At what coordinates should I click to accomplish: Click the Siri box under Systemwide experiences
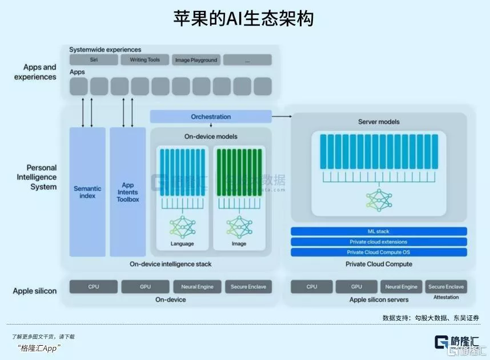93,60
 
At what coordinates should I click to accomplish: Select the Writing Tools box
144,60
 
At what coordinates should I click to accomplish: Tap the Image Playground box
196,60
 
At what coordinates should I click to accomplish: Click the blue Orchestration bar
211,117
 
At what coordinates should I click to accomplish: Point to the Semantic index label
87,192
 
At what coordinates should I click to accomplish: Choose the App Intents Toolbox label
128,192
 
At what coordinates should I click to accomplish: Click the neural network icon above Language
182,227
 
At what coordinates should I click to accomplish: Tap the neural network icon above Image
239,227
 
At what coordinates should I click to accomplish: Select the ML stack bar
379,231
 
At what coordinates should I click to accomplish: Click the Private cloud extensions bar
379,242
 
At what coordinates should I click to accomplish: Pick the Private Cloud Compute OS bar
379,252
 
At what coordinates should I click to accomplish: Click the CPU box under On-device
94,287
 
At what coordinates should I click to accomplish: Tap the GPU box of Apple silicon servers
356,287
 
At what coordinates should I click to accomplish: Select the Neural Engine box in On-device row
197,287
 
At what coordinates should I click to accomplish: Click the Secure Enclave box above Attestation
446,287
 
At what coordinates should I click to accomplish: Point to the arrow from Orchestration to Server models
282,116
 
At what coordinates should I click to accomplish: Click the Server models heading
379,122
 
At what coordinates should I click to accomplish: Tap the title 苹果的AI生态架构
244,19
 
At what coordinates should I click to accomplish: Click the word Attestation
446,298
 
